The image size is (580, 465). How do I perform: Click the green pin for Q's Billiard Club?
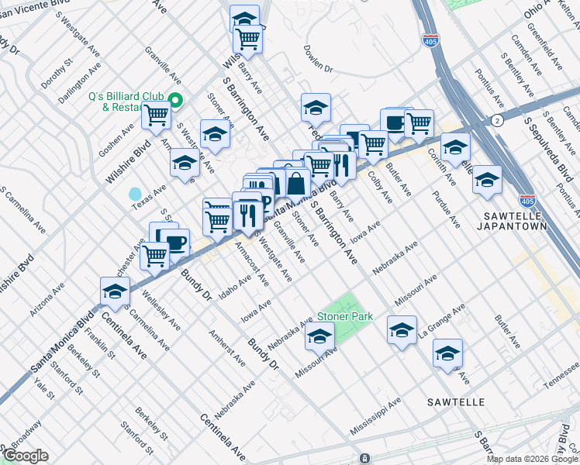coord(176,100)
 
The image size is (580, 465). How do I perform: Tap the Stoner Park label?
coord(345,316)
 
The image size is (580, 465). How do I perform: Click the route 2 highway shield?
coord(497,120)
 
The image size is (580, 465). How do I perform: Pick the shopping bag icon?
coord(296,184)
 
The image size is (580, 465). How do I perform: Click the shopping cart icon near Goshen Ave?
coord(157,115)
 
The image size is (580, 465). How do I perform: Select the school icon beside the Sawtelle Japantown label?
coord(487,180)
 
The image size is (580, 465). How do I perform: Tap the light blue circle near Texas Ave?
coord(136,193)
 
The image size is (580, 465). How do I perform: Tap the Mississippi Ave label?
coord(375,417)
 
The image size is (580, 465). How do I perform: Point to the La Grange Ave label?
coord(441,321)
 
